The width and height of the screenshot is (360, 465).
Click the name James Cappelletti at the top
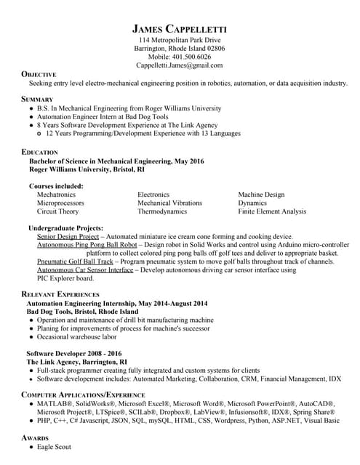click(180, 28)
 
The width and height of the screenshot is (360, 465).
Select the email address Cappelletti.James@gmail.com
click(180, 65)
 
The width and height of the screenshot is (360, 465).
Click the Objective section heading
click(39, 74)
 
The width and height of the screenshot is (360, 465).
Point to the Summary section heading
click(37, 98)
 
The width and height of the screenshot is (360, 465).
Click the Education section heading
click(40, 151)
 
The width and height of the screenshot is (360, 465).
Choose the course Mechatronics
click(56, 195)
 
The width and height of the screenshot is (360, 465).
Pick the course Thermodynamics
click(162, 211)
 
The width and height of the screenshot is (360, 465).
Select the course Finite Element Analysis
click(272, 211)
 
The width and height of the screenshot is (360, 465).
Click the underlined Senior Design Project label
click(68, 237)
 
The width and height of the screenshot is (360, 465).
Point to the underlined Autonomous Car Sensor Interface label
click(85, 270)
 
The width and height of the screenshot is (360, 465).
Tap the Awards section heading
click(35, 438)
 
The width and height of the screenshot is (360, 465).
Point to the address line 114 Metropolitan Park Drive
click(180, 39)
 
